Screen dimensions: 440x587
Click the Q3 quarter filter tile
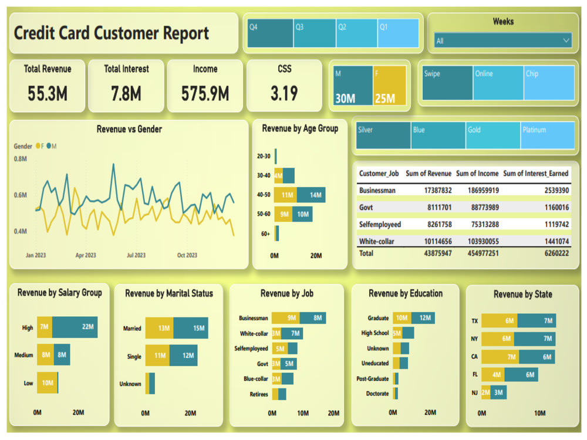[x=314, y=33]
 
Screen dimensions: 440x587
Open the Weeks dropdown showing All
[x=502, y=41]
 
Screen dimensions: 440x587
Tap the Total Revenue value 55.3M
[x=48, y=93]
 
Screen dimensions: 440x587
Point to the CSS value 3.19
[x=284, y=93]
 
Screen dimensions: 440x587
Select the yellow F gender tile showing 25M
[x=389, y=86]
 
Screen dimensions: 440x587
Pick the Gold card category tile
[x=492, y=136]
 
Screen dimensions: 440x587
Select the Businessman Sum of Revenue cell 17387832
[x=429, y=191]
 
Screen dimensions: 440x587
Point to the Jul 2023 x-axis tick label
[x=136, y=255]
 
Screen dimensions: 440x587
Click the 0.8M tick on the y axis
[x=21, y=159]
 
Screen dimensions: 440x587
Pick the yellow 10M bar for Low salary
[x=47, y=383]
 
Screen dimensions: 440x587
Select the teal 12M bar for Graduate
[x=423, y=318]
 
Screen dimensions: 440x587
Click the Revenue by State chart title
[x=522, y=295]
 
